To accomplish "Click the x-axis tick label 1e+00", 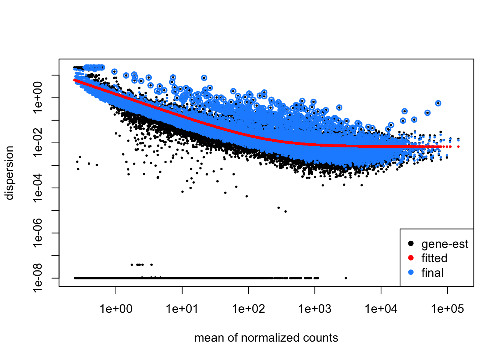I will click(x=116, y=309).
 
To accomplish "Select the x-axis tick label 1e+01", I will click(x=182, y=309).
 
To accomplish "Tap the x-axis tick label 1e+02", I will click(x=249, y=309).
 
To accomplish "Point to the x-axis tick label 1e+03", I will click(x=315, y=309).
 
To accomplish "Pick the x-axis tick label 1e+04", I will click(x=381, y=309).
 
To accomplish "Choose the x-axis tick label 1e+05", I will click(x=447, y=309).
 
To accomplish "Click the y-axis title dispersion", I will click(x=9, y=173).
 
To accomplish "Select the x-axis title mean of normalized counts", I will click(x=266, y=338).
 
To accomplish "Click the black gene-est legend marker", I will click(x=411, y=244).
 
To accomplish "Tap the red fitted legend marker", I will click(x=411, y=258).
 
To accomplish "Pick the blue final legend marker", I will click(x=411, y=273).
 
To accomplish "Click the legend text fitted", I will click(x=434, y=258).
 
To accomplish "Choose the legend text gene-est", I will click(x=445, y=244).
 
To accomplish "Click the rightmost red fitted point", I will click(x=458, y=147).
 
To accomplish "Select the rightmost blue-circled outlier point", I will click(x=438, y=103).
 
